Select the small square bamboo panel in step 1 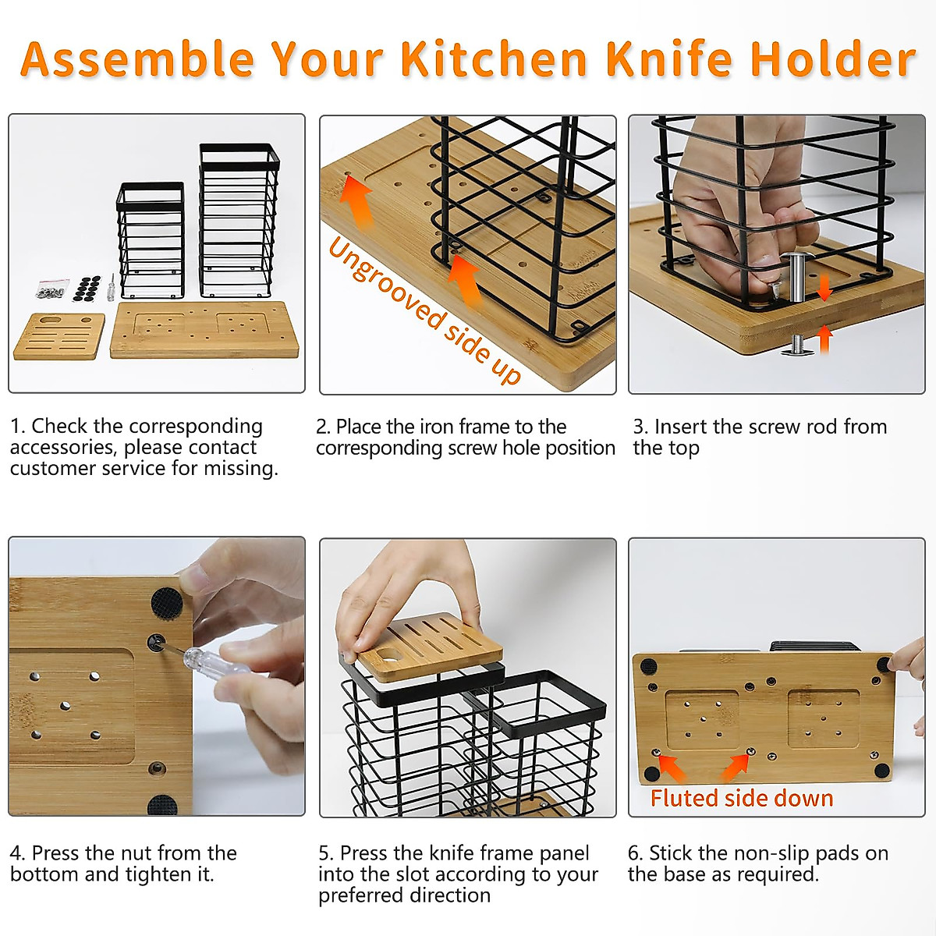coord(58,335)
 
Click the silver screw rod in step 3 coord(798,278)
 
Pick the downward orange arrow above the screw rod coord(824,289)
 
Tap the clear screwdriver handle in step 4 coord(200,659)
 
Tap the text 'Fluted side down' coord(741,798)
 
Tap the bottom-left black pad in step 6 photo coord(651,775)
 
